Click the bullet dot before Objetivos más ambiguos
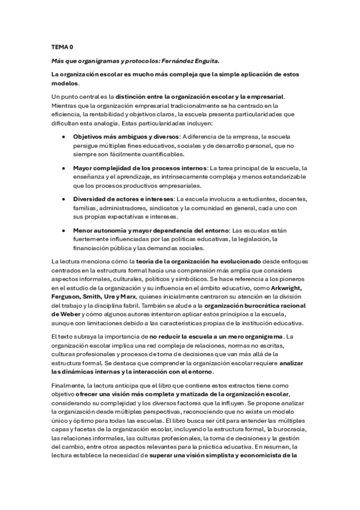64,137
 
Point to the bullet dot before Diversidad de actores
64,198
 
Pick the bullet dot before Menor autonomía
64,230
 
